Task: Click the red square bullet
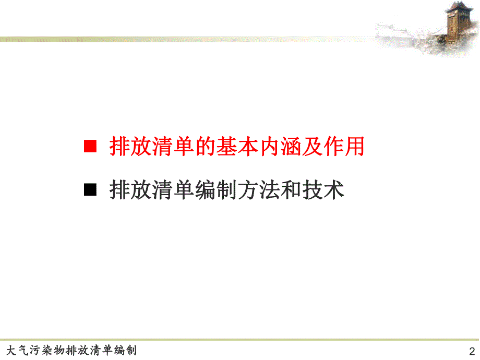tap(91, 147)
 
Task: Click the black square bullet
tap(91, 190)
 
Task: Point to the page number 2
tap(472, 351)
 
